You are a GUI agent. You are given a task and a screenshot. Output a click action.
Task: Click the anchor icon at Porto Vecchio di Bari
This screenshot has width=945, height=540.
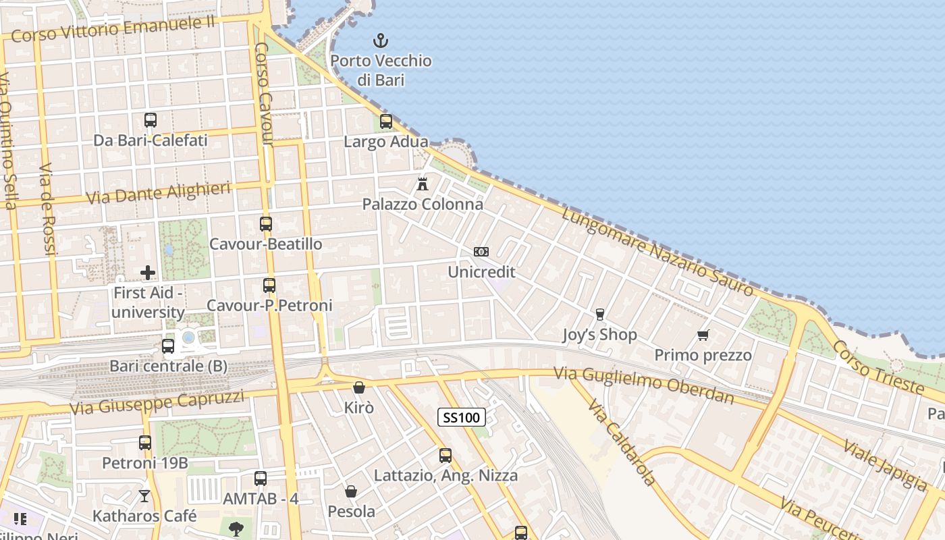pos(381,40)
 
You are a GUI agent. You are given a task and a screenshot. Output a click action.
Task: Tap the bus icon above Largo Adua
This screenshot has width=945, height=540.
pos(386,122)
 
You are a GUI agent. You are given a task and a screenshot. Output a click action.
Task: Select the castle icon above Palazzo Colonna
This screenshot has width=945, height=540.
pos(423,184)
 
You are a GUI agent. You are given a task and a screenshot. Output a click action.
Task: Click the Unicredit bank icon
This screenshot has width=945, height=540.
pos(481,252)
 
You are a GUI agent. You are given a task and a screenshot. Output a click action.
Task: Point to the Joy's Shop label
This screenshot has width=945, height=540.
pos(600,335)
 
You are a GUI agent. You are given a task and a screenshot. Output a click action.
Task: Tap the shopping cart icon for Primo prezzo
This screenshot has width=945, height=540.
pos(703,335)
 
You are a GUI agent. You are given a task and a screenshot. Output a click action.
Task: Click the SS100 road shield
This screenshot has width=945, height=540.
pos(462,418)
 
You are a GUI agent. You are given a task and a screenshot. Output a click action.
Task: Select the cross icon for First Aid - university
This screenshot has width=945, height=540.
pos(148,273)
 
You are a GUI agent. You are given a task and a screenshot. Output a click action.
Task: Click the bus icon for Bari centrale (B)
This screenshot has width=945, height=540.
pos(168,346)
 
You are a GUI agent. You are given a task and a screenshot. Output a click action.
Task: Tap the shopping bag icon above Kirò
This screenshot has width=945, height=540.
pos(359,387)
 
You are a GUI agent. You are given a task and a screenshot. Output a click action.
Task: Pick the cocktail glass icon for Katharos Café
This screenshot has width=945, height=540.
pos(144,496)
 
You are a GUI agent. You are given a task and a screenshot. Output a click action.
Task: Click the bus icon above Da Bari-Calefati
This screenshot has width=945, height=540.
pos(151,120)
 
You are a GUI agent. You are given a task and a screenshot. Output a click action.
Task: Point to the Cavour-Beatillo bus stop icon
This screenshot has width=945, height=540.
pos(266,223)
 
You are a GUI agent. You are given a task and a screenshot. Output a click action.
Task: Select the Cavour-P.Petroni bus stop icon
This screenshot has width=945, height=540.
pos(269,286)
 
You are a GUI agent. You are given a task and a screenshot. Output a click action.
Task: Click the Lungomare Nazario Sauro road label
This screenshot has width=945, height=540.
pos(657,252)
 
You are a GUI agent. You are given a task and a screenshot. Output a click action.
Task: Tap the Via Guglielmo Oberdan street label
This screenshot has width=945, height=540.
pos(643,385)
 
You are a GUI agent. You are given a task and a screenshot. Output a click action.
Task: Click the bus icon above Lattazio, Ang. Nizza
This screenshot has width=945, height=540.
pos(446,456)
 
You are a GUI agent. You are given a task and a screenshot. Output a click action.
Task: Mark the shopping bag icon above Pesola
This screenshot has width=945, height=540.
pos(351,491)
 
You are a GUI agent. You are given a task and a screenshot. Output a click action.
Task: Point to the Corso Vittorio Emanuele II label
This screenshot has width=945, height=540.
pos(113,29)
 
